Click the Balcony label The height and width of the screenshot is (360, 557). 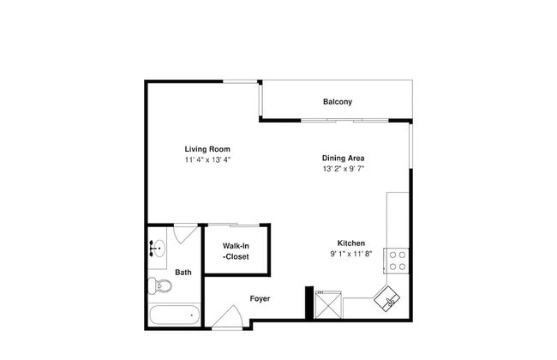pyautogui.click(x=337, y=102)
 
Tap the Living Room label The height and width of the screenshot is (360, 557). pyautogui.click(x=207, y=149)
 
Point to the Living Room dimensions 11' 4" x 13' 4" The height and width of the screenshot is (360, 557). pyautogui.click(x=207, y=159)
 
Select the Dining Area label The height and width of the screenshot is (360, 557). pyautogui.click(x=344, y=158)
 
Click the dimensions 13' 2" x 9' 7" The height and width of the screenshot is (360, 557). pyautogui.click(x=344, y=169)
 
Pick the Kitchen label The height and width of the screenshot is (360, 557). pyautogui.click(x=350, y=243)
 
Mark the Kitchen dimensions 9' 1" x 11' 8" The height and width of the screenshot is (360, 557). pyautogui.click(x=350, y=254)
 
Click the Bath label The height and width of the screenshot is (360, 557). pyautogui.click(x=183, y=273)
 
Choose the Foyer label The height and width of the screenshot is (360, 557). pyautogui.click(x=260, y=299)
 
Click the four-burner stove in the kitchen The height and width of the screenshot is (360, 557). pyautogui.click(x=397, y=259)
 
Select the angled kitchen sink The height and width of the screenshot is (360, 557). pyautogui.click(x=390, y=300)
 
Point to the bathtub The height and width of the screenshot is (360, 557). pyautogui.click(x=174, y=315)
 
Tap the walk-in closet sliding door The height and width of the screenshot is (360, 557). pyautogui.click(x=237, y=225)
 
